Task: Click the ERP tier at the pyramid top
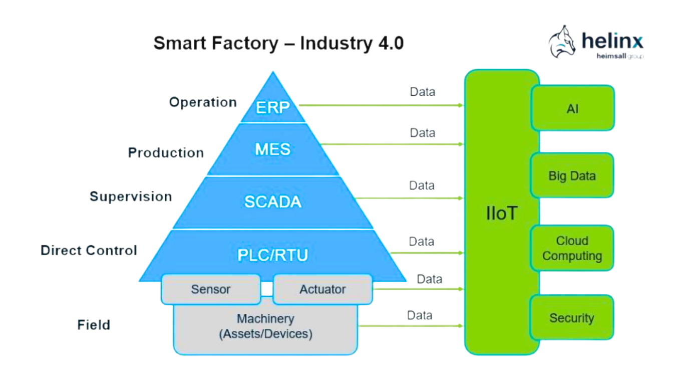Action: tap(273, 107)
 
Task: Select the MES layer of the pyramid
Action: tap(273, 149)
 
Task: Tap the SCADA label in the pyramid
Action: tap(273, 202)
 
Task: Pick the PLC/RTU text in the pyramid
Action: tap(273, 255)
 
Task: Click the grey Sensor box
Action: tap(211, 289)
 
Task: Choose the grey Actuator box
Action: tap(322, 289)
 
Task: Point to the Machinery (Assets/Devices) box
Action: tap(265, 327)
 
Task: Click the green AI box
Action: tap(572, 108)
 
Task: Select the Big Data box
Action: tap(572, 176)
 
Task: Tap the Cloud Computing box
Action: tap(572, 248)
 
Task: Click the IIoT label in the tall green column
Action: tap(501, 214)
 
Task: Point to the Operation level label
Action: tap(203, 102)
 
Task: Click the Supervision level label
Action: tap(131, 197)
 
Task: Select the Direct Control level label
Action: tap(89, 250)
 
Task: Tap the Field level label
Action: tap(94, 325)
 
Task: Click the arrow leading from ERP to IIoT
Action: tap(381, 105)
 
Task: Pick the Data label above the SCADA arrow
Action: tap(422, 185)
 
